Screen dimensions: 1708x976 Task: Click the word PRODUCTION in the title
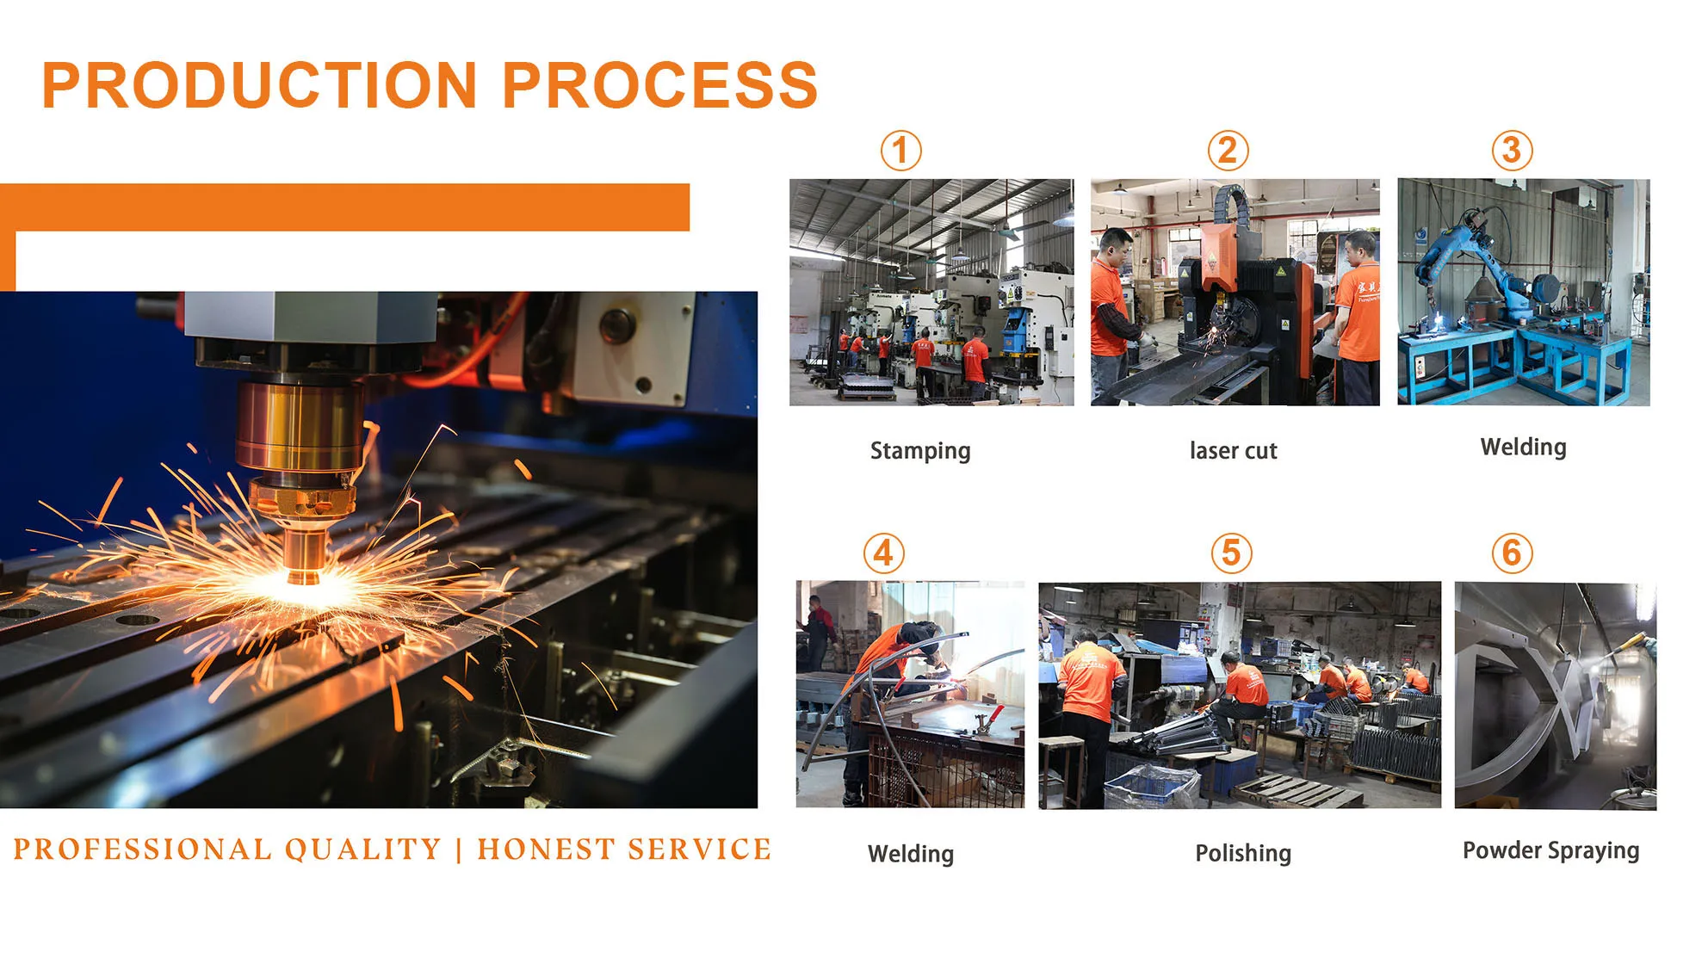pos(259,85)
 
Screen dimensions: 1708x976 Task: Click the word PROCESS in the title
pos(659,85)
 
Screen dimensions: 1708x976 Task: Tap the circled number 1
pos(900,151)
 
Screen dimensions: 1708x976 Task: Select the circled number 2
pos(1228,151)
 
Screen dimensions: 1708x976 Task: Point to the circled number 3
pos(1512,151)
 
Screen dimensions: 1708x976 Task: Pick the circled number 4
pos(884,553)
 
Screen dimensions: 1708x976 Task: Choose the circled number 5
pos(1231,553)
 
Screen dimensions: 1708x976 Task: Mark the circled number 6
pos(1512,553)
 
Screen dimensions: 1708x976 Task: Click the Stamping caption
pos(920,451)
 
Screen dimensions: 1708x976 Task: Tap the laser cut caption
pos(1233,450)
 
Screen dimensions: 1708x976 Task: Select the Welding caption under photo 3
pos(1523,448)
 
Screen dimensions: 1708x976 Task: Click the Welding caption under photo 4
pos(911,854)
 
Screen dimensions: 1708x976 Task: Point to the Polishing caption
pos(1243,853)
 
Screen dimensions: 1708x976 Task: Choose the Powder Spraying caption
pos(1550,850)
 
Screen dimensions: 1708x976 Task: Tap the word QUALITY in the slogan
pos(362,849)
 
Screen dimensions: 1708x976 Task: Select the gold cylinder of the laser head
pos(300,426)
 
